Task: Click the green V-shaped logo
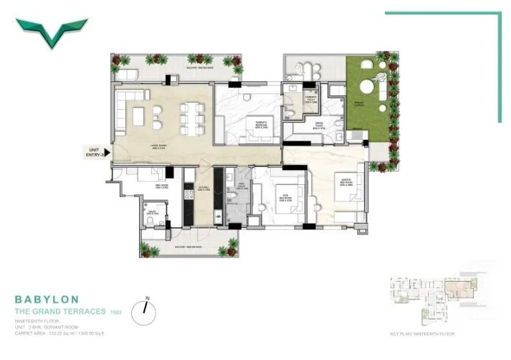52,32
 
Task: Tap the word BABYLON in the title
47,298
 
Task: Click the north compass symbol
148,306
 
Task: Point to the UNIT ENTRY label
95,151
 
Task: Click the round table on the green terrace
366,86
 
